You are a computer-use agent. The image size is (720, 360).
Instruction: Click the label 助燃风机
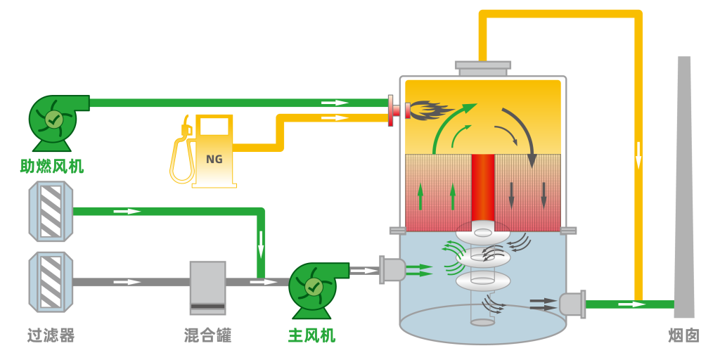52,167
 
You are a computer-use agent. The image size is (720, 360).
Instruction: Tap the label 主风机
312,335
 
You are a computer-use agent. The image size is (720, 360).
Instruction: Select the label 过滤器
51,335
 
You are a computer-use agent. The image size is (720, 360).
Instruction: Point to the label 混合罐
207,335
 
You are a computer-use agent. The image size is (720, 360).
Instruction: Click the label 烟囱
683,335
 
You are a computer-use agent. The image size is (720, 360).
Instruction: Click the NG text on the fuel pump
214,159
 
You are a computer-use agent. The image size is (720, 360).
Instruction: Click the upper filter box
51,211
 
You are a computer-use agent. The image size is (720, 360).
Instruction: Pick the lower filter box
51,281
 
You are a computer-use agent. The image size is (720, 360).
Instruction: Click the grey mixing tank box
207,287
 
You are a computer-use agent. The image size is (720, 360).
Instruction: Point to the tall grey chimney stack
683,190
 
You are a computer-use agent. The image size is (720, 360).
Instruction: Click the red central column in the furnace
483,187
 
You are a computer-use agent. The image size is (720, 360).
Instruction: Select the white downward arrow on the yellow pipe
638,155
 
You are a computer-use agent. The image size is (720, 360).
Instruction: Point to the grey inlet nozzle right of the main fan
393,270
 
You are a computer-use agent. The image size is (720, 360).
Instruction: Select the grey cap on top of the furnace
483,67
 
